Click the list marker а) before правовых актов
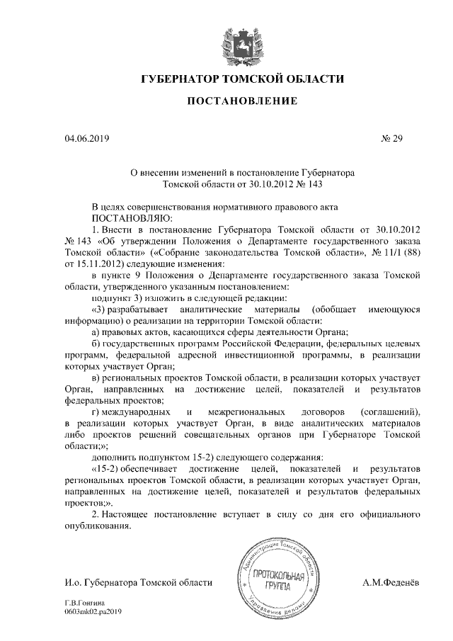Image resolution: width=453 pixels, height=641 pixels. click(x=97, y=332)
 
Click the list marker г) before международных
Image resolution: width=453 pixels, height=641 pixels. click(x=97, y=412)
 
